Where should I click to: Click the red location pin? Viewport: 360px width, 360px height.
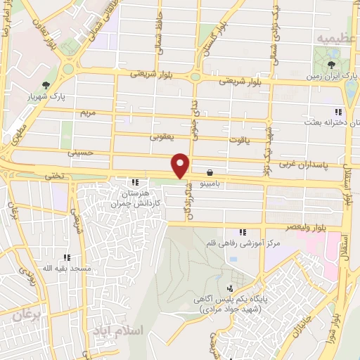click(x=181, y=165)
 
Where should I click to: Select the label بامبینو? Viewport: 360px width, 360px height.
click(x=210, y=183)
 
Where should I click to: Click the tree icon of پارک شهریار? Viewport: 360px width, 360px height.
click(x=46, y=86)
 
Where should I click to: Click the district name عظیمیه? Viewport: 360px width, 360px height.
click(x=333, y=37)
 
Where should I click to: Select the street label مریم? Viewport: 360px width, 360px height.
click(x=87, y=112)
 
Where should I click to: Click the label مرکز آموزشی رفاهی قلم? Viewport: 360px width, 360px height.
click(x=243, y=243)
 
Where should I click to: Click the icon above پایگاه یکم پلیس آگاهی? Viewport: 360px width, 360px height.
click(x=230, y=288)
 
